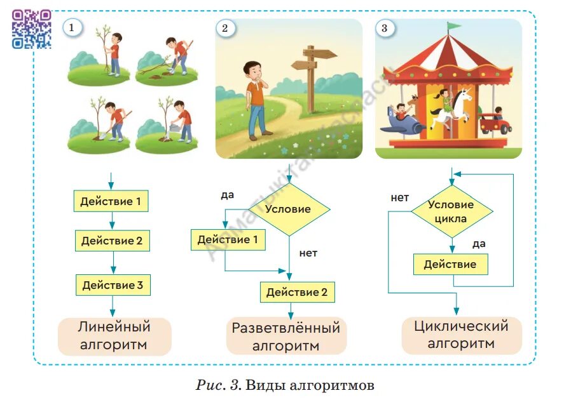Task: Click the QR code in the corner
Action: click(x=31, y=29)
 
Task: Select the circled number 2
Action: click(x=224, y=28)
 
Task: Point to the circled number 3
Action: click(x=383, y=28)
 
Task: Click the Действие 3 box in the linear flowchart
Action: click(x=113, y=285)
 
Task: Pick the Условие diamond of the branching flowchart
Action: click(x=289, y=209)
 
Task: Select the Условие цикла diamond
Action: click(x=451, y=211)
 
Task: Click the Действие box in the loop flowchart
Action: click(x=450, y=264)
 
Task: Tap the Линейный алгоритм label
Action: click(x=114, y=336)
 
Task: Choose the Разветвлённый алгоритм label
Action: click(x=286, y=337)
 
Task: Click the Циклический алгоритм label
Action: click(x=461, y=335)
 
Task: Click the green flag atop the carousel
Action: click(x=453, y=27)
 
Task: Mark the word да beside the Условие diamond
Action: click(x=227, y=195)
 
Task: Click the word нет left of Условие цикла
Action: click(x=400, y=197)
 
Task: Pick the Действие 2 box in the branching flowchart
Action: click(x=297, y=292)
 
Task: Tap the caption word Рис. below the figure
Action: click(x=209, y=385)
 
